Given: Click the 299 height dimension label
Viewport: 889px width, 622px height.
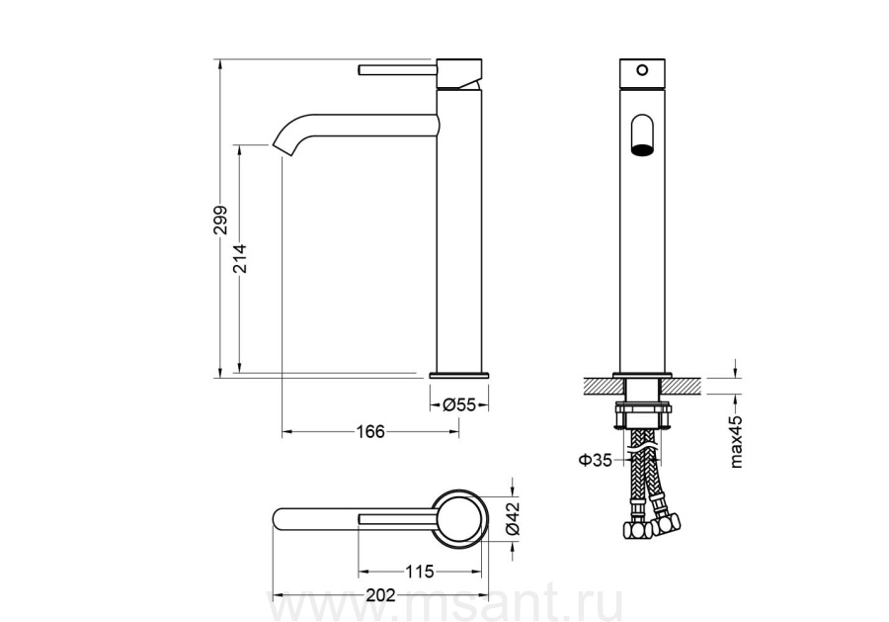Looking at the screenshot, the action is click(x=220, y=220).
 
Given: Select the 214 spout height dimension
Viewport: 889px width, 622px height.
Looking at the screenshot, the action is click(x=240, y=258).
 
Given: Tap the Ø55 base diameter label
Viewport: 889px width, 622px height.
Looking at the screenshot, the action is click(x=459, y=405).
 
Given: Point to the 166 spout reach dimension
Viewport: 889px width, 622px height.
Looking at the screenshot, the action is click(x=370, y=432).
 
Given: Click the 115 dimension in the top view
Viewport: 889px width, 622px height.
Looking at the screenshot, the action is click(x=419, y=572).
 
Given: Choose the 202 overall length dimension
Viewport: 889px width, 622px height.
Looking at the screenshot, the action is click(x=380, y=595).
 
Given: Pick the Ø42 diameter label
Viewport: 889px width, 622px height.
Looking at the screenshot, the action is click(x=513, y=517).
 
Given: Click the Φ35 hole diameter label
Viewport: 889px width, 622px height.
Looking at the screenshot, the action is click(x=596, y=460).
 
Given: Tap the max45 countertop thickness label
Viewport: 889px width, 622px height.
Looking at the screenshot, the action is click(x=736, y=441).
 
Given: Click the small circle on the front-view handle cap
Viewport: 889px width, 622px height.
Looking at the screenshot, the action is click(x=642, y=70).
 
